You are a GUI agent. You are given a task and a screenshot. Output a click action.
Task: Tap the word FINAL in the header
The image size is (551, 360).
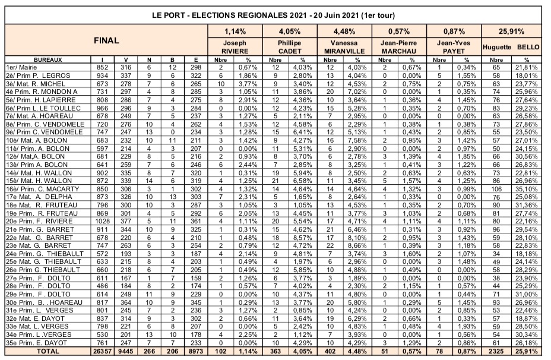point(107,41)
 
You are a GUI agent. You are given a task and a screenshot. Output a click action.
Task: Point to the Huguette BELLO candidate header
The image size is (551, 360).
point(511,47)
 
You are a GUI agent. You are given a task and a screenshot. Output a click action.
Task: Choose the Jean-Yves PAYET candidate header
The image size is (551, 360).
point(454,47)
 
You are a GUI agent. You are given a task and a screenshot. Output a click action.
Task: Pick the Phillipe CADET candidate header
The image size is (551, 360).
point(289,47)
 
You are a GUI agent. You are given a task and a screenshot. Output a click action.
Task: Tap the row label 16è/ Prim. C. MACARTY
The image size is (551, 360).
point(37,188)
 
